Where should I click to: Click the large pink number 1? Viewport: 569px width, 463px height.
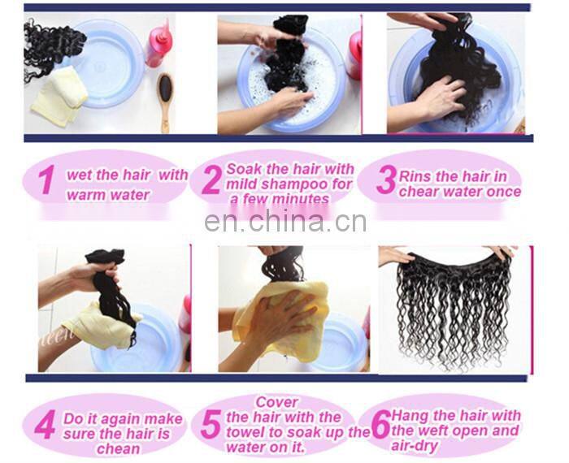48,180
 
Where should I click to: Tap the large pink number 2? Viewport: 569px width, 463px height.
211,181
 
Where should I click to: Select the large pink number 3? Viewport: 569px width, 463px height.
385,180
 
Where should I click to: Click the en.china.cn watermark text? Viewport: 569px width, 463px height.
285,222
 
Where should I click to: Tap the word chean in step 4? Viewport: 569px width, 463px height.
118,448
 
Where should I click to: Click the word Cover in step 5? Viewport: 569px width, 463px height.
278,402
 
